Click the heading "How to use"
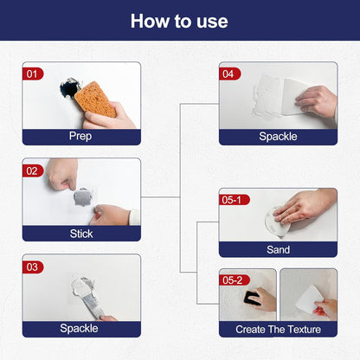(179, 21)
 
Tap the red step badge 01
(33, 74)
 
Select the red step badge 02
(33, 170)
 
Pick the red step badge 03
(33, 267)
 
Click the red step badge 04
(230, 74)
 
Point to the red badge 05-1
(235, 200)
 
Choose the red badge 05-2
(235, 280)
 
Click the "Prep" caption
(80, 136)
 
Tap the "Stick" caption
(80, 233)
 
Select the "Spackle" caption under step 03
(80, 329)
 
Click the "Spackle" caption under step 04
(278, 136)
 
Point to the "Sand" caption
(278, 249)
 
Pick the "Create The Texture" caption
(278, 329)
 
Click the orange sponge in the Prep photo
(94, 100)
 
